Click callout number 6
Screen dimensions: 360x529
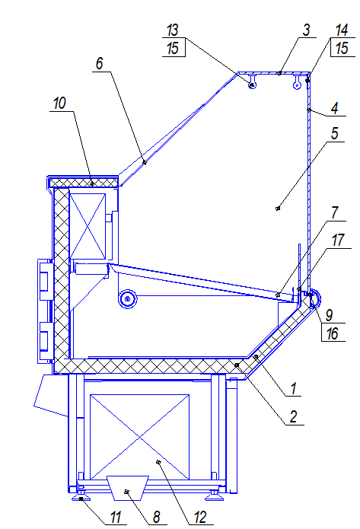[x=99, y=63]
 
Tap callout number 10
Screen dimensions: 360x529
[x=59, y=104]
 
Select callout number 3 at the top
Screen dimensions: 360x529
[x=306, y=30]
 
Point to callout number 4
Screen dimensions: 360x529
[x=334, y=109]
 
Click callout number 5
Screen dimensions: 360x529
[x=334, y=134]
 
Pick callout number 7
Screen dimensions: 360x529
[x=334, y=212]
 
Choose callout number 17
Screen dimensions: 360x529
[x=338, y=241]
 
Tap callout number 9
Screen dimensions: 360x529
[x=329, y=315]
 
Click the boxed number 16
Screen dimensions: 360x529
[x=333, y=333]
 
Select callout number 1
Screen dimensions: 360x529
[x=293, y=388]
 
